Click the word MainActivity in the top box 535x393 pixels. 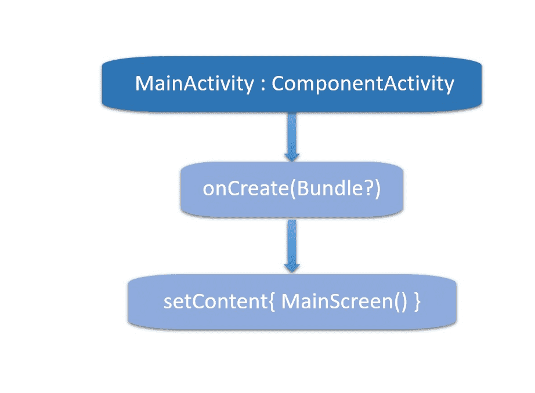pyautogui.click(x=194, y=84)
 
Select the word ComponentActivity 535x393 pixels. pyautogui.click(x=363, y=84)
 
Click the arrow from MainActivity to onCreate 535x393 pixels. pyautogui.click(x=292, y=137)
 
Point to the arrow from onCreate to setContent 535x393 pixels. pyautogui.click(x=292, y=246)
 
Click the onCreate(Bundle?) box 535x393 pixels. pyautogui.click(x=292, y=190)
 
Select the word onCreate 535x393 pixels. pyautogui.click(x=245, y=188)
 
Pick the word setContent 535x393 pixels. pyautogui.click(x=216, y=301)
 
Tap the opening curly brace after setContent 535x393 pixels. pyautogui.click(x=272, y=302)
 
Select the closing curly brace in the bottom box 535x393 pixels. pyautogui.click(x=417, y=302)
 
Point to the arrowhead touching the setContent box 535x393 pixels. pyautogui.click(x=292, y=268)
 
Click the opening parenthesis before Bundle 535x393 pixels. pyautogui.click(x=293, y=188)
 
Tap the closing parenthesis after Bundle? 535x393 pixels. pyautogui.click(x=377, y=188)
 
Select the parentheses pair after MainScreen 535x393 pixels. pyautogui.click(x=400, y=302)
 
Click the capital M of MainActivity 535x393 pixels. pyautogui.click(x=144, y=83)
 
